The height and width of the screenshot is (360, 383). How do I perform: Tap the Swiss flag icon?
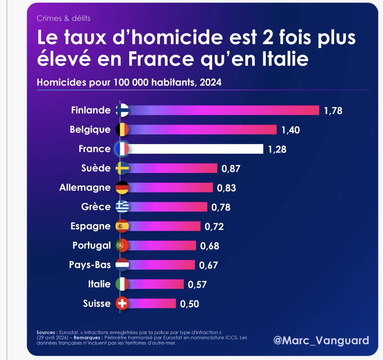122,304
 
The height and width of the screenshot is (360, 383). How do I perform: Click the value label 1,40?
291,130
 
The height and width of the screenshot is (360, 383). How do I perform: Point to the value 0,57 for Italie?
197,285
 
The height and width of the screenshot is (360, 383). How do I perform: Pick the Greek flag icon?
122,207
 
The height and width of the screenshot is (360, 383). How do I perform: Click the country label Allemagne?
85,188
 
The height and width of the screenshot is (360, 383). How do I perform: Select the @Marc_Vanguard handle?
321,340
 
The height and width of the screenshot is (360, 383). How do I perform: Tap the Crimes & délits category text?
63,18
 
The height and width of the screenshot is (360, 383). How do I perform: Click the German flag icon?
122,188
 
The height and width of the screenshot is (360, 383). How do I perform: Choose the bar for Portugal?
162,245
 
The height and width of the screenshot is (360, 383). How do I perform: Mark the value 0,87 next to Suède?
231,169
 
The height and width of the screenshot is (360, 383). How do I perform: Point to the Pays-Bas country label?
90,265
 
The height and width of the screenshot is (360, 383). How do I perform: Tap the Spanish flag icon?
122,226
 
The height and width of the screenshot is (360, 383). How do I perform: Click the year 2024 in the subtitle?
211,83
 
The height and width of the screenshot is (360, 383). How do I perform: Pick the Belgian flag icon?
122,130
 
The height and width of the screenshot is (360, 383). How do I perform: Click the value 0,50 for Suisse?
189,304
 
